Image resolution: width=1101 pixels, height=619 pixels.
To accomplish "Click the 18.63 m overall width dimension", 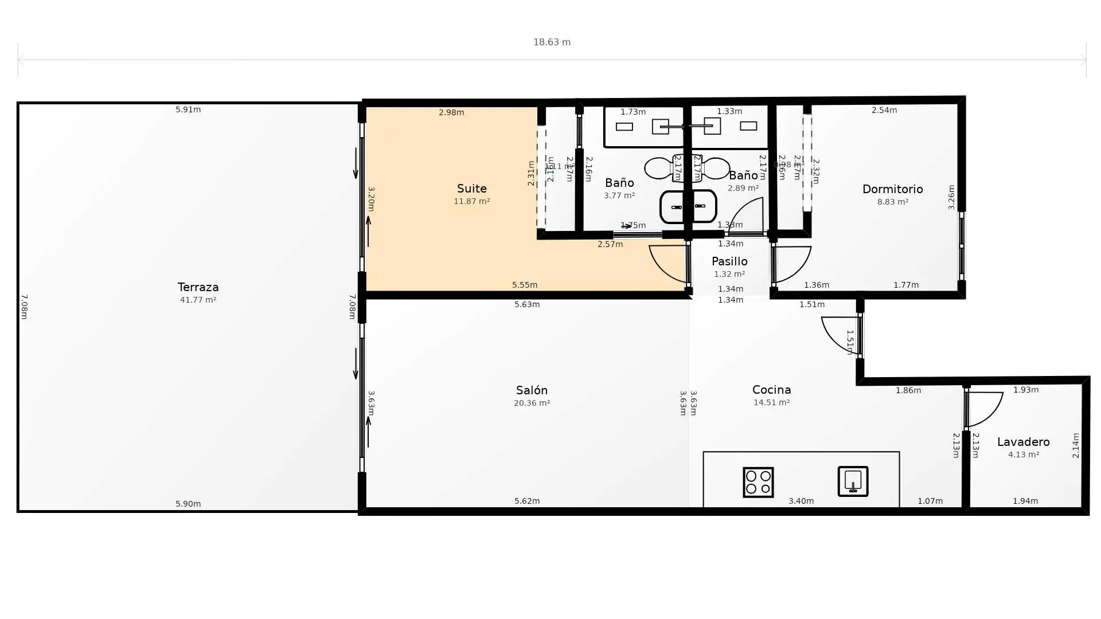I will (x=552, y=42).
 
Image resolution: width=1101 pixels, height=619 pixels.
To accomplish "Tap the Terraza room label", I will (x=198, y=287).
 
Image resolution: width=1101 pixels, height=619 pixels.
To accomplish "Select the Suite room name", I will (x=471, y=189).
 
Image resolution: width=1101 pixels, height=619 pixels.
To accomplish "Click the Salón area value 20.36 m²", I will (x=532, y=403).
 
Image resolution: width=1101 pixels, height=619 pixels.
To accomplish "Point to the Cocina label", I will (x=771, y=390).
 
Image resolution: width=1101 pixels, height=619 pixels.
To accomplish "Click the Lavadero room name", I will (x=1023, y=442).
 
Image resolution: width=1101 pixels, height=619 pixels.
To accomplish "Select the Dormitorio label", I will (x=892, y=189).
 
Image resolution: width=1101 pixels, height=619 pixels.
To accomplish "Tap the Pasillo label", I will (x=729, y=261).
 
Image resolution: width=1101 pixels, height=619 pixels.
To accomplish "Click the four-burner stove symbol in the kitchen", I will (x=758, y=481).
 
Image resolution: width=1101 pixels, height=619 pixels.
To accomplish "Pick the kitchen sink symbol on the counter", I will (x=853, y=481).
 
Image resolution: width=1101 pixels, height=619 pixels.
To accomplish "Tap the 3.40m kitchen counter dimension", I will (x=801, y=501).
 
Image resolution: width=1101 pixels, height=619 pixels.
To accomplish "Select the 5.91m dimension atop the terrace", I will (x=188, y=109).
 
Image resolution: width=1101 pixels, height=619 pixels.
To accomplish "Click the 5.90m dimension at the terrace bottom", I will (x=188, y=504).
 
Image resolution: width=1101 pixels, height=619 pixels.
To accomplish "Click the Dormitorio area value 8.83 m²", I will (x=892, y=202).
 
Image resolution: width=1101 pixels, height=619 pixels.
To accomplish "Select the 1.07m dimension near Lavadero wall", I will (x=930, y=501).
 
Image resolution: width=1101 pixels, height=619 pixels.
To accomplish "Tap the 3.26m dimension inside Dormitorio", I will (x=951, y=197).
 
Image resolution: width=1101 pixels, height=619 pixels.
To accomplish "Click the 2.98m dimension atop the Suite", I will (x=451, y=112).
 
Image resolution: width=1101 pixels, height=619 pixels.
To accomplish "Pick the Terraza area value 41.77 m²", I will (x=198, y=300).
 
